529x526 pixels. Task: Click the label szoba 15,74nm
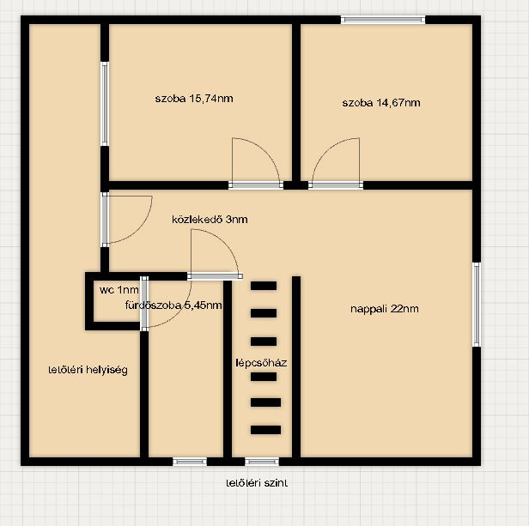pyautogui.click(x=194, y=99)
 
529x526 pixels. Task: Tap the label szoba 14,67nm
pyautogui.click(x=381, y=102)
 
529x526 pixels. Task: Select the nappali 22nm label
pyautogui.click(x=385, y=309)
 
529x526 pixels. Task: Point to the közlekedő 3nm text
pyautogui.click(x=210, y=220)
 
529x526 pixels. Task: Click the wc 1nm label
pyautogui.click(x=119, y=290)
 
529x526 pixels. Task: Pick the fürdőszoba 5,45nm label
pyautogui.click(x=173, y=305)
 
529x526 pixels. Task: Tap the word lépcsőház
pyautogui.click(x=261, y=363)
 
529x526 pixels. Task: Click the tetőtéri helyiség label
pyautogui.click(x=88, y=370)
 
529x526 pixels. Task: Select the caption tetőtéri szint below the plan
pyautogui.click(x=257, y=483)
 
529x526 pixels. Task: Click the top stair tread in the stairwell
pyautogui.click(x=264, y=286)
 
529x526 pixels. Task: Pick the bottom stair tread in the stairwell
pyautogui.click(x=266, y=430)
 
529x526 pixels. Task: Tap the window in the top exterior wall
pyautogui.click(x=383, y=20)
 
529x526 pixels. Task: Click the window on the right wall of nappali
pyautogui.click(x=476, y=305)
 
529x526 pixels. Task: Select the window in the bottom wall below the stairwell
pyautogui.click(x=262, y=462)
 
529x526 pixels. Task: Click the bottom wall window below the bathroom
pyautogui.click(x=190, y=462)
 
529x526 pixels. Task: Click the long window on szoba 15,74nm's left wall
pyautogui.click(x=105, y=104)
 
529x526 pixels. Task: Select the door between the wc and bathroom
pyautogui.click(x=144, y=304)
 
